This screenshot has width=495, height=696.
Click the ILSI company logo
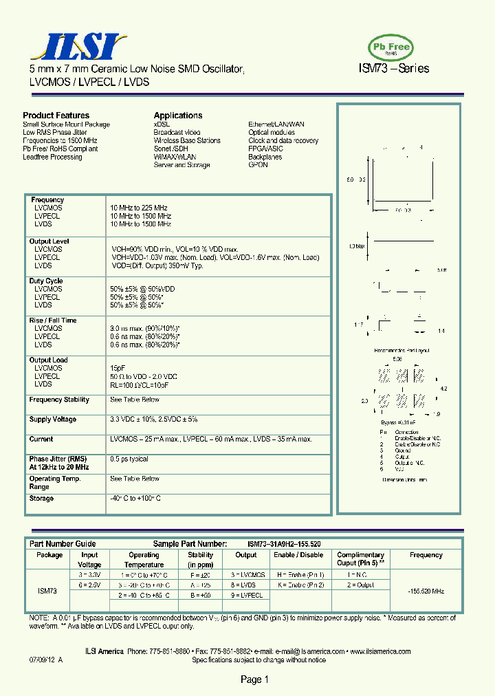pos(76,47)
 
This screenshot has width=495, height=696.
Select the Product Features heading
pos(56,116)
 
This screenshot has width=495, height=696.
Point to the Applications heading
pos(178,116)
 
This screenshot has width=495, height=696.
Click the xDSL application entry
pos(162,124)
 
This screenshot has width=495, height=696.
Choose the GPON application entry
pos(258,166)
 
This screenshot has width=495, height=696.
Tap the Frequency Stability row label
pos(59,400)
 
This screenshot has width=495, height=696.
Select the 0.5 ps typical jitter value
pos(129,459)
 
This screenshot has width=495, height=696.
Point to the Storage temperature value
pos(135,499)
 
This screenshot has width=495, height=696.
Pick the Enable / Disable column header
pos(298,555)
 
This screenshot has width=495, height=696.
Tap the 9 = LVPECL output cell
pos(247,595)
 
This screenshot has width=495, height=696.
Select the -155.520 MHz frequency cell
pos(426,591)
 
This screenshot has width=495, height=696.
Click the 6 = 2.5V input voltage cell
pos(89,584)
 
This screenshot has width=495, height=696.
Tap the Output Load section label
pos(49,360)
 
